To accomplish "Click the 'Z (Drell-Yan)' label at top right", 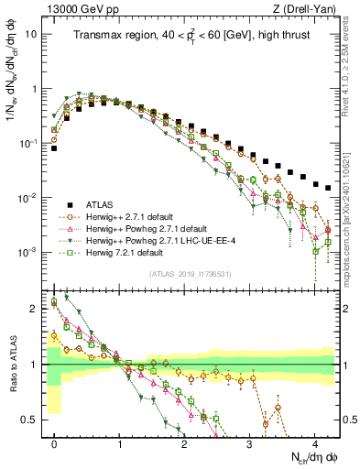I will click(x=307, y=7).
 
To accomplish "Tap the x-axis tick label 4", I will click(x=314, y=441).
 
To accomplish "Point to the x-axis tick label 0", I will click(x=55, y=441).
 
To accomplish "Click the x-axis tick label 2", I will click(x=184, y=441).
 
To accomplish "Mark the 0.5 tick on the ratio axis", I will click(x=37, y=420).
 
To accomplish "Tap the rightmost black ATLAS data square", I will click(x=327, y=187).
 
